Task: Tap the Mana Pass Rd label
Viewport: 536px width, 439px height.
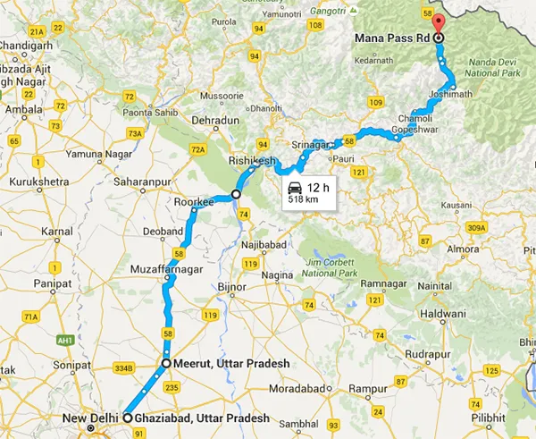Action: (393, 38)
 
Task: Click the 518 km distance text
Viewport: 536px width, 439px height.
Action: (302, 201)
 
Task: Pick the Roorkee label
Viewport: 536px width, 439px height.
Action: (198, 202)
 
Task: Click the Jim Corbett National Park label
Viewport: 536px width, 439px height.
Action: (331, 266)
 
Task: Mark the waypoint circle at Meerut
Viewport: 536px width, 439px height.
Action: (166, 364)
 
